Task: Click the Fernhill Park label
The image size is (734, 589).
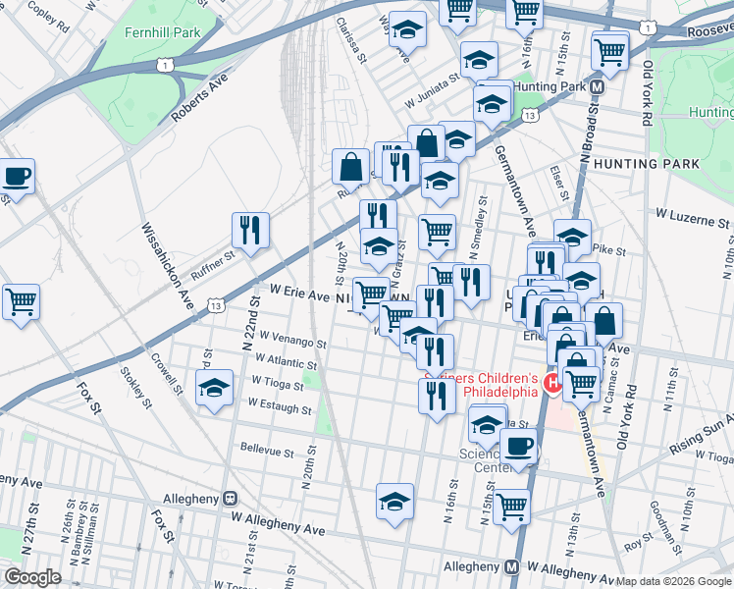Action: tap(162, 31)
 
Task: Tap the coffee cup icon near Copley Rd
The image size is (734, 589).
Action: tap(17, 178)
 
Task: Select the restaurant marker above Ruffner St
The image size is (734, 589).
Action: tap(250, 231)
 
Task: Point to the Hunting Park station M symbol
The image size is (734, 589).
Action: tap(597, 86)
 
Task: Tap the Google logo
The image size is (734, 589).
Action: tap(32, 577)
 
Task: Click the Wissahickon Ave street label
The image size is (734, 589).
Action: tap(166, 257)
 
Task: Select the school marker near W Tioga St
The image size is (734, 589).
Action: tap(214, 389)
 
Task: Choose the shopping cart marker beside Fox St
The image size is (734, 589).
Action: tap(20, 301)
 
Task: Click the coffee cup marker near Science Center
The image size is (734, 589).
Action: tap(519, 447)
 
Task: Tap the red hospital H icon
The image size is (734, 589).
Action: tap(552, 383)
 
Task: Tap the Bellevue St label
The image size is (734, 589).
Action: tap(267, 451)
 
